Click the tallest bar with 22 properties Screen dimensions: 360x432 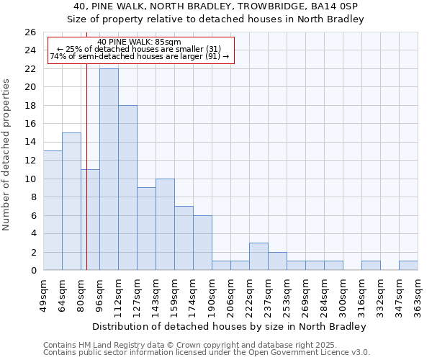[x=109, y=169]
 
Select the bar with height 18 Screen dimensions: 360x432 [x=127, y=187]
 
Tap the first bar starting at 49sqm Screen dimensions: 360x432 [x=53, y=210]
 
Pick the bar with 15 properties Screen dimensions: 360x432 [x=71, y=202]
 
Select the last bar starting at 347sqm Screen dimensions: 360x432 [x=408, y=266]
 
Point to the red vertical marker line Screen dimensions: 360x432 [x=86, y=180]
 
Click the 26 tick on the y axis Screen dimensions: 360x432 [x=30, y=32]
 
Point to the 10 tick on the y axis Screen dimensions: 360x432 [x=30, y=179]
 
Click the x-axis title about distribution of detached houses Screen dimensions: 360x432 [x=230, y=326]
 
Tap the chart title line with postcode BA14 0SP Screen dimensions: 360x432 [x=215, y=6]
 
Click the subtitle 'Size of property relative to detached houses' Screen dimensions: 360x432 [x=215, y=19]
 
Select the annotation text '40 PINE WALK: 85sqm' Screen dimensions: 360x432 [x=140, y=42]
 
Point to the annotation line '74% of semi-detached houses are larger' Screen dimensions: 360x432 [x=140, y=57]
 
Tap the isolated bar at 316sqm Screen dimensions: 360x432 [x=371, y=266]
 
